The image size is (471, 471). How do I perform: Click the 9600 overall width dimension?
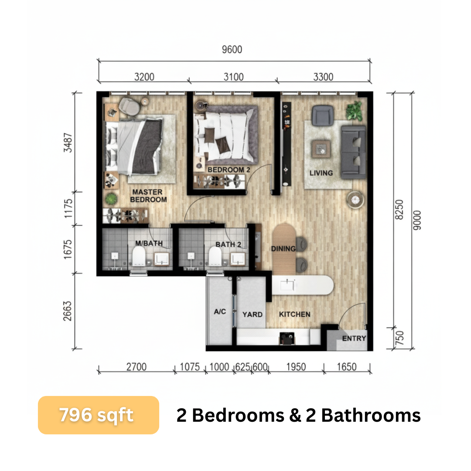coord(232,50)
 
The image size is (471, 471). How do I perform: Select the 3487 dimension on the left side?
coord(68,143)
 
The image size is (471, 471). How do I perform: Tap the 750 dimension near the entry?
coord(399,338)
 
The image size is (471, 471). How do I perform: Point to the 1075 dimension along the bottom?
coord(190,367)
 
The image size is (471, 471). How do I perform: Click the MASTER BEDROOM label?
coord(148,195)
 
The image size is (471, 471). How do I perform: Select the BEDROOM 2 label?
coord(229,170)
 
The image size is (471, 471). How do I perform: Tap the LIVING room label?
coord(321,173)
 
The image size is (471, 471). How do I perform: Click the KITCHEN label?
coord(295,314)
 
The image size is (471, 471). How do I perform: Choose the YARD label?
coord(253,314)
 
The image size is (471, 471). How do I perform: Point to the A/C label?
coord(220,311)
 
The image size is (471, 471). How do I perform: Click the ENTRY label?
coord(354,338)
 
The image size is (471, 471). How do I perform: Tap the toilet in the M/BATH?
coord(139,256)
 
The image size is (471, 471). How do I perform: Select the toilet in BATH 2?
coord(215,256)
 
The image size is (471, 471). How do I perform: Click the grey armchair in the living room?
coord(323,115)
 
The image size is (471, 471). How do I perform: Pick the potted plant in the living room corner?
coord(355,111)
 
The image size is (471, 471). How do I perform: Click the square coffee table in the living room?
coord(321,149)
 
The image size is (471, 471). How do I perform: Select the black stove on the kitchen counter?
coord(287,338)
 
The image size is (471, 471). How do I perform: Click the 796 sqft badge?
coord(99,415)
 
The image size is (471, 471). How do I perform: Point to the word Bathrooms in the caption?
coord(371,416)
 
